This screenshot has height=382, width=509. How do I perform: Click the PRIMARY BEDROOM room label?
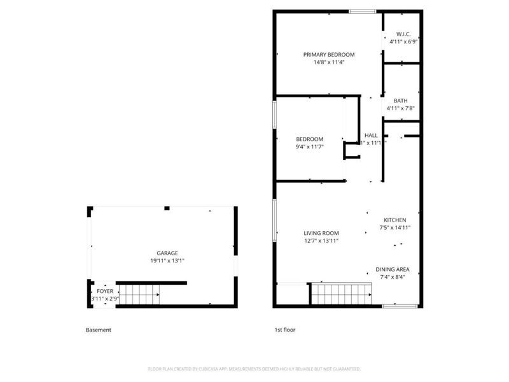328,55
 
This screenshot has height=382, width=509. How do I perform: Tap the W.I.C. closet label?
403,34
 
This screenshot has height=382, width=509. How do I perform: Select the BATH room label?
400,101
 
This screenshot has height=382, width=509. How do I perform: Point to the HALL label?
371,135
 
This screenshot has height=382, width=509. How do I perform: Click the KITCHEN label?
394,220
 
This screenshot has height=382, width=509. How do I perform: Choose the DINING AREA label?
393,269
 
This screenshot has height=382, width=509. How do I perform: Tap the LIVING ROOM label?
321,233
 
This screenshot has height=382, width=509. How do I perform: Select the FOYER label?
105,291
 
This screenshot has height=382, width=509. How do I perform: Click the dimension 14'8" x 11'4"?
328,63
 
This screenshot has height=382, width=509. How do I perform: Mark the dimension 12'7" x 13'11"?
321,241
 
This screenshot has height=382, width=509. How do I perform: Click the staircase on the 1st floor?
340,295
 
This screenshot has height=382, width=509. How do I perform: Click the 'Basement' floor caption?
99,330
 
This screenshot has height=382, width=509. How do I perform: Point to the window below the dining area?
395,306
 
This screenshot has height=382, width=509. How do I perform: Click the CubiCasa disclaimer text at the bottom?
254,369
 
